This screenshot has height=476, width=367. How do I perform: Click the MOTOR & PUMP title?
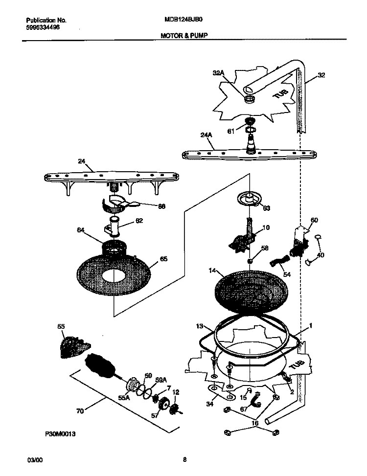183,36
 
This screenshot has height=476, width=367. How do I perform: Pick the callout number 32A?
218,73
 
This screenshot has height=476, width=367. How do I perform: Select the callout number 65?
163,259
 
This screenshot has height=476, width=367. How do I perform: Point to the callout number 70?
79,411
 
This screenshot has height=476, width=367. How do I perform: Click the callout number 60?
314,220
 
